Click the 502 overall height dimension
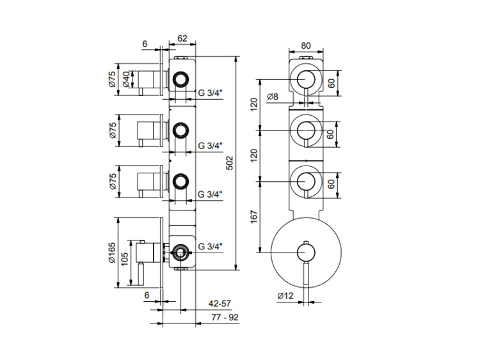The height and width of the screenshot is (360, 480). [230, 163]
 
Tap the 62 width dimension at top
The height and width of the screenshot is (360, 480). [182, 38]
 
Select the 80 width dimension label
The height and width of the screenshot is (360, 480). [306, 45]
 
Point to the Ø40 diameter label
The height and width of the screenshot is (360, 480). [127, 79]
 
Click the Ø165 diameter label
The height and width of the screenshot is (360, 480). [112, 253]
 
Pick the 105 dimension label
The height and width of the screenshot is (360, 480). [125, 259]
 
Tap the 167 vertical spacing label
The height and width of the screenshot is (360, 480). [254, 217]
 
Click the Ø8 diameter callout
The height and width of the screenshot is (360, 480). [273, 97]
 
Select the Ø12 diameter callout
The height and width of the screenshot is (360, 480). [285, 296]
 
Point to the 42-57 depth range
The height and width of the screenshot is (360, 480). [220, 304]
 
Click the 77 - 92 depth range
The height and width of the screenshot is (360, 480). [225, 318]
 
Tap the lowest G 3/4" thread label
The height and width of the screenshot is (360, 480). [211, 246]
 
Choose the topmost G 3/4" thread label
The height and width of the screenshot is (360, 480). [211, 93]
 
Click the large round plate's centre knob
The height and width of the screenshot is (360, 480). [306, 253]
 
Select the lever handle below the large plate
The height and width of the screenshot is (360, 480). [306, 275]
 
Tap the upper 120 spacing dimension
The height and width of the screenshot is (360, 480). [254, 105]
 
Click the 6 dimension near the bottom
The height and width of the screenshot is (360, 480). [147, 295]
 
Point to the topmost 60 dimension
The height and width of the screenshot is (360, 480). [332, 83]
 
